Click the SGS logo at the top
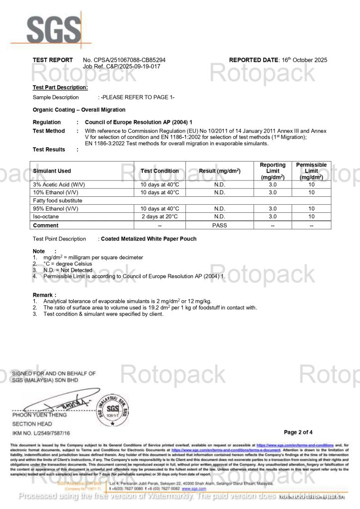(51, 30)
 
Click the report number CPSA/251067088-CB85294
(124, 60)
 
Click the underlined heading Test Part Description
(60, 87)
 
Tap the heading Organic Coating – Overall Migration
(79, 109)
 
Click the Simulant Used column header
(52, 171)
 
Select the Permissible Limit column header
(311, 170)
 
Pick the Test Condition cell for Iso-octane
(160, 217)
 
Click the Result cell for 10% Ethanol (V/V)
(219, 192)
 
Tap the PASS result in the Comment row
(219, 225)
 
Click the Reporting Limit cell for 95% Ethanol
(272, 209)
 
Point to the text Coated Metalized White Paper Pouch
(149, 239)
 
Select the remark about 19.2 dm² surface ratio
(150, 308)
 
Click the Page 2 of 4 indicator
(298, 432)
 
